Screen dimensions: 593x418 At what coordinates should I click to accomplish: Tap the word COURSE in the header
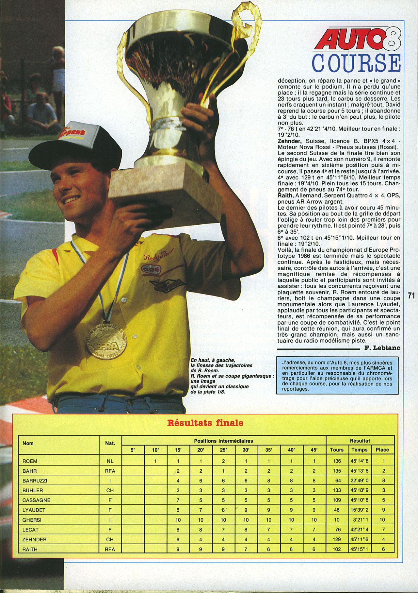coord(356,63)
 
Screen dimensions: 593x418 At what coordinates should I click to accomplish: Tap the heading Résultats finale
coord(205,423)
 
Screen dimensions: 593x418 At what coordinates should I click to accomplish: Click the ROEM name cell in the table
coord(30,461)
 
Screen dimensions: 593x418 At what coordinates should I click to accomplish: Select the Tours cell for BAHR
coord(337,471)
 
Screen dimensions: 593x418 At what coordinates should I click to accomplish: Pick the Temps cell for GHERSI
coord(359,520)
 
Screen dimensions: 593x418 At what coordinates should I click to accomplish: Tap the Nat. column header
coord(110,443)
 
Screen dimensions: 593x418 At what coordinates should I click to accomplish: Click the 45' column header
coord(314,450)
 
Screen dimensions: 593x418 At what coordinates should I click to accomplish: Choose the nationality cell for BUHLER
coord(110,490)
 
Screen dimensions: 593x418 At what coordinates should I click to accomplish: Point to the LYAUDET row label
coord(34,510)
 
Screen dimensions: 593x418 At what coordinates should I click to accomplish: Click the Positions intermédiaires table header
coord(223,441)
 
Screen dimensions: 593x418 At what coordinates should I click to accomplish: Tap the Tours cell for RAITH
coord(337,549)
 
